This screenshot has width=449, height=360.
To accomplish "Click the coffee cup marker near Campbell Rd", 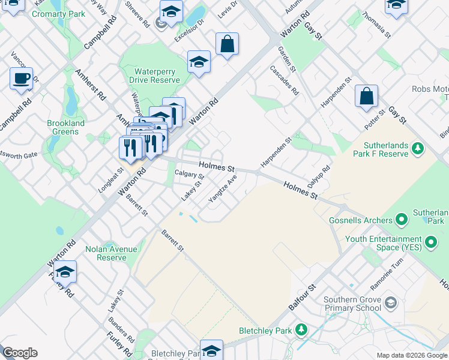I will coord(22,79).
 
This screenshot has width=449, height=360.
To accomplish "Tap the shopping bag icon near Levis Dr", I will coord(228,44).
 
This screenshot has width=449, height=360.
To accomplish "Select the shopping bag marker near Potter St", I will coord(366,96).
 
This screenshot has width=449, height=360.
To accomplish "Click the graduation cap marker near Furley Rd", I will coord(65,272).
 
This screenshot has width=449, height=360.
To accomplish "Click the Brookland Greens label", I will coord(62,127).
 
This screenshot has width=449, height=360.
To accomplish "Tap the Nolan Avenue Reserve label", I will coord(111,253).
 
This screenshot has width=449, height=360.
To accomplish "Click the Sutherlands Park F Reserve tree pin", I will coord(419,148).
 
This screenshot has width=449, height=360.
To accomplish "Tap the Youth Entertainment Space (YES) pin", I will coord(430,243).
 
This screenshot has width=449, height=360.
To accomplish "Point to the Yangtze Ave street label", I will coord(223,188).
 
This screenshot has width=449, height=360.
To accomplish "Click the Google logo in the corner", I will coord(20,353).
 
